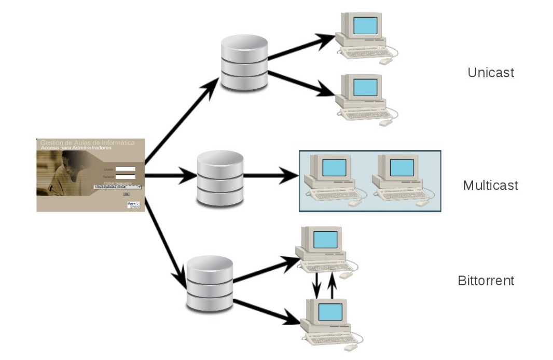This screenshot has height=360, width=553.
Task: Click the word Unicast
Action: [490, 73]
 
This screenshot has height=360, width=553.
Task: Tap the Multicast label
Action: [490, 185]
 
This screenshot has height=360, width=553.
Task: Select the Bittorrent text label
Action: [486, 281]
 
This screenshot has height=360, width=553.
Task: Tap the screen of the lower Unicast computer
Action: [364, 87]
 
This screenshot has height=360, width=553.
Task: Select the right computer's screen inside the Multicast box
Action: [402, 167]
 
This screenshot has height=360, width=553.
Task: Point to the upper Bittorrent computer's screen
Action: [325, 240]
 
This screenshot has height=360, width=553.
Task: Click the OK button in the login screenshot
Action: [126, 193]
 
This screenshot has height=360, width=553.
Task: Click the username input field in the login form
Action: [126, 169]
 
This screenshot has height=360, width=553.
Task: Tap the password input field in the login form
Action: [126, 176]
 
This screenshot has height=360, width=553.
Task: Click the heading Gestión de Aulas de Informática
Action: [87, 143]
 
